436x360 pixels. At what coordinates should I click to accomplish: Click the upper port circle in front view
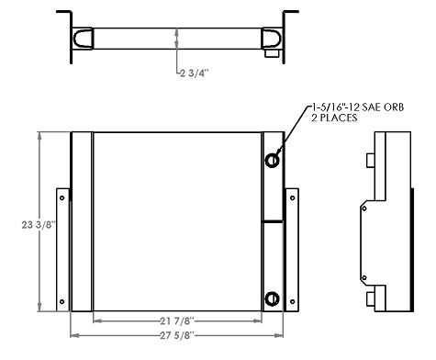274,161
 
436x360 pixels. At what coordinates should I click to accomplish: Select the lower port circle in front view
274,298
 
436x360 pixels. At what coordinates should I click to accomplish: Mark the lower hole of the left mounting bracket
62,303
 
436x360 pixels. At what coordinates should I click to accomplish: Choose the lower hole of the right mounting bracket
293,303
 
